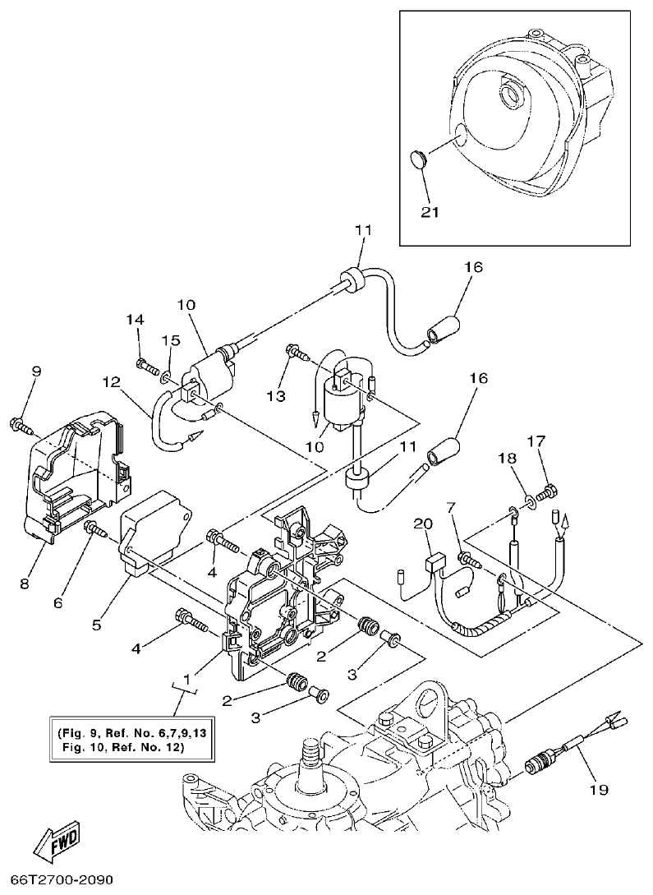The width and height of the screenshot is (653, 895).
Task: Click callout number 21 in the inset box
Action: coord(430,211)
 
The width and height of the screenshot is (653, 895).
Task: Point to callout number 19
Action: coord(598,790)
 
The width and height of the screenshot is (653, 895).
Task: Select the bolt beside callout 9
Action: coord(19,425)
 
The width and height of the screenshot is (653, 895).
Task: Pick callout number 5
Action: coord(96,625)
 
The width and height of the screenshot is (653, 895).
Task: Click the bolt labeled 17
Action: coord(551,491)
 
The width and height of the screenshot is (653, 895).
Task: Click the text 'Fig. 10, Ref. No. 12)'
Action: coord(122,748)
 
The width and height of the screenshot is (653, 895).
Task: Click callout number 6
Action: coord(57,602)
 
